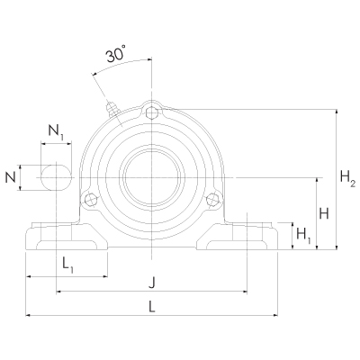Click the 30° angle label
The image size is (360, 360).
[x=114, y=56]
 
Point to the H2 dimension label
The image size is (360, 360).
[x=347, y=179]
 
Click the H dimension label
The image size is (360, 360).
[x=325, y=213]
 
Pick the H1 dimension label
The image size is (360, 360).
[x=304, y=236]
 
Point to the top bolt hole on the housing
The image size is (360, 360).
[x=150, y=112]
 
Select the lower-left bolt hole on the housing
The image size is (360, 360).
[x=88, y=199]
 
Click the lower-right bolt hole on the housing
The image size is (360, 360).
[x=212, y=199]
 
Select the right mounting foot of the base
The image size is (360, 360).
[x=237, y=241]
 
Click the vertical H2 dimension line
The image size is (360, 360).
[x=335, y=179]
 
